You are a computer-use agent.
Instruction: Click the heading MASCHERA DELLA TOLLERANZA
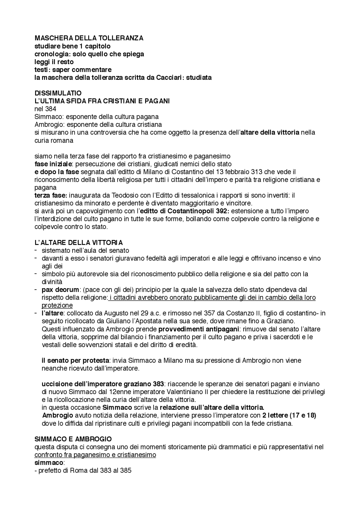89,38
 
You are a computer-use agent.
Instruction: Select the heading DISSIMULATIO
58,93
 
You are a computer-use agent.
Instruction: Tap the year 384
51,109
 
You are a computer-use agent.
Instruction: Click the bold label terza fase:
51,195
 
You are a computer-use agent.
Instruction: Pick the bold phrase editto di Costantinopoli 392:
184,211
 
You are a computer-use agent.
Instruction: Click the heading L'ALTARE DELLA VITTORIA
78,243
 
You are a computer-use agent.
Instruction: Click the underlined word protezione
57,305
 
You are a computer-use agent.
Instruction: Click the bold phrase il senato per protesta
75,360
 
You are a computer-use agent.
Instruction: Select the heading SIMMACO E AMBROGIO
73,439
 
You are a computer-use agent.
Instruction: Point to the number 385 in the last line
126,470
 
